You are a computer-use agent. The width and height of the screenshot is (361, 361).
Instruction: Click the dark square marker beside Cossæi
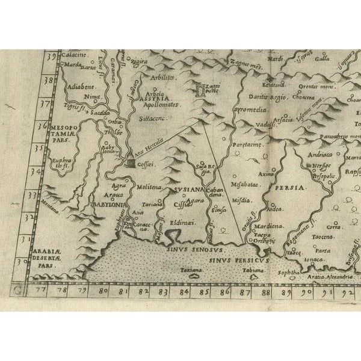pyautogui.click(x=131, y=162)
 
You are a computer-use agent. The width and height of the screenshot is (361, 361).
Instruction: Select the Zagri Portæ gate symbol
pyautogui.click(x=201, y=91)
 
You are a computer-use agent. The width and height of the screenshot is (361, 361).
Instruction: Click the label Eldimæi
pyautogui.click(x=181, y=223)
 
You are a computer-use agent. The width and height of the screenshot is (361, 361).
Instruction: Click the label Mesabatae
pyautogui.click(x=245, y=185)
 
